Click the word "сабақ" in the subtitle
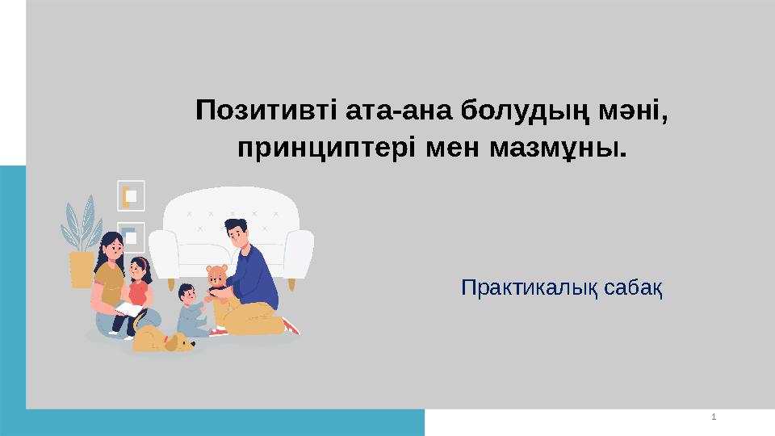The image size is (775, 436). (630, 287)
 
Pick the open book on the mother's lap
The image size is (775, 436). (129, 310)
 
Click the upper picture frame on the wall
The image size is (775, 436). (131, 195)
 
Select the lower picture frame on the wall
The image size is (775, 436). (131, 237)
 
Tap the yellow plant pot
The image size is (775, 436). (82, 268)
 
